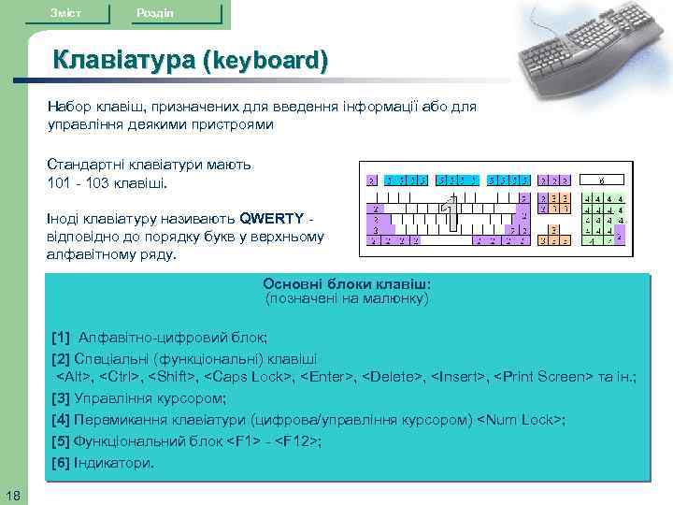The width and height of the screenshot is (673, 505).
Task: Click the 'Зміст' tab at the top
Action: (x=65, y=12)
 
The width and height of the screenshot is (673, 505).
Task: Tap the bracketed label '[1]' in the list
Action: (x=62, y=338)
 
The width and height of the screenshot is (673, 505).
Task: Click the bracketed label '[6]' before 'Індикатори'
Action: (x=62, y=463)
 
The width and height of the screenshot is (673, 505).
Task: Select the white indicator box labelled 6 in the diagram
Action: (x=601, y=180)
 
